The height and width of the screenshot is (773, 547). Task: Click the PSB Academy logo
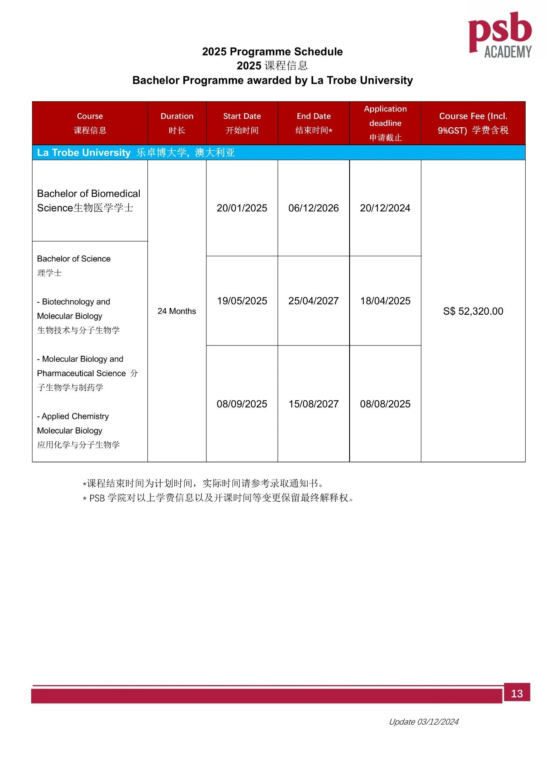point(500,35)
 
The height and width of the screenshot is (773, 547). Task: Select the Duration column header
point(177,123)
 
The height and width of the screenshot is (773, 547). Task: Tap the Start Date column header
point(242,123)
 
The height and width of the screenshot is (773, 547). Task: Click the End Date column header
point(314,123)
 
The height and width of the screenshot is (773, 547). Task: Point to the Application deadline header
point(385,123)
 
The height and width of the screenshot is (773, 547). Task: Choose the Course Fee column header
point(473,123)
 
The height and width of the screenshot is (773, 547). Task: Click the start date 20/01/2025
point(242,208)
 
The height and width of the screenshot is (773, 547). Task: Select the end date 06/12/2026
point(314,208)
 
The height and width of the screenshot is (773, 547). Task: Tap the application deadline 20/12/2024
point(385,208)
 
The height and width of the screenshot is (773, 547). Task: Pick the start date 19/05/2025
point(242,301)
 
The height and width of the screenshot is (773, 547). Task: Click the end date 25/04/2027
point(314,301)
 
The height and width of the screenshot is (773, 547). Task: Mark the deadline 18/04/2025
point(385,301)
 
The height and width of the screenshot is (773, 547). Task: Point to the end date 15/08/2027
point(314,404)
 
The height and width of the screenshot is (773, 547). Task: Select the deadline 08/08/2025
point(385,404)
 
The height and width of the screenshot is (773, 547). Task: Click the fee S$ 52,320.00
point(473,311)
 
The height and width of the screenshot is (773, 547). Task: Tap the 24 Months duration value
point(177,311)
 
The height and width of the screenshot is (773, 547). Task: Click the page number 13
point(517,694)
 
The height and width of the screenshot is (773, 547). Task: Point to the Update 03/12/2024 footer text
point(423,722)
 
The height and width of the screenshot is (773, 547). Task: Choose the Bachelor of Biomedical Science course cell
point(89,201)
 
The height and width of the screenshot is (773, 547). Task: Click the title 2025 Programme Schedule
point(272,52)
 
